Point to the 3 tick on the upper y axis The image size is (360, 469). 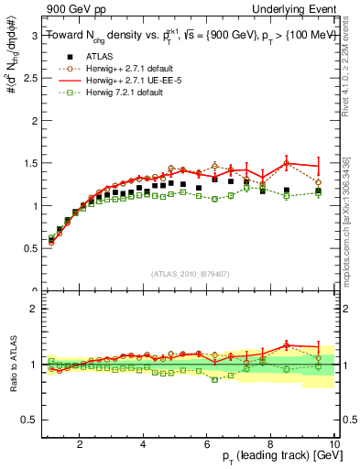(33, 37)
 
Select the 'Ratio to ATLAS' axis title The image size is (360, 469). (11, 365)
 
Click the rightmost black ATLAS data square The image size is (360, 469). (318, 191)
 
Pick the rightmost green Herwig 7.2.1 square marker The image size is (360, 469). (318, 192)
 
